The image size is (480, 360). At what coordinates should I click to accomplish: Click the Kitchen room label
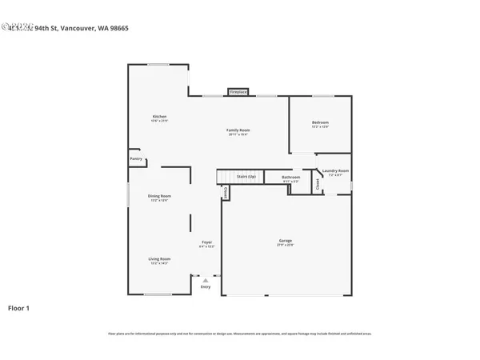coord(159,117)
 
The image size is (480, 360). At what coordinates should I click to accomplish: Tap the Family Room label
coord(238,130)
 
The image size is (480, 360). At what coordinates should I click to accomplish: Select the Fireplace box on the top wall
coord(238,92)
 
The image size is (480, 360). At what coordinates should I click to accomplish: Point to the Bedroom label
coord(320,122)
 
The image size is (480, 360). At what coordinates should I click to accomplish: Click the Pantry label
coord(136,158)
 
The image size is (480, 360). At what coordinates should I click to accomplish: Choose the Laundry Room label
coord(335,170)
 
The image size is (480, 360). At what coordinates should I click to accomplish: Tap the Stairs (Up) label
coord(246,176)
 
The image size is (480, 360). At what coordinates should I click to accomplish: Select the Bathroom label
coord(291,177)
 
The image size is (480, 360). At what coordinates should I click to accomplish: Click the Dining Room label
coord(159,195)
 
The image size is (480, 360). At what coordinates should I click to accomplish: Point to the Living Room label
coord(159,258)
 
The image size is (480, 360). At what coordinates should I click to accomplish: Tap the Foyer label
coord(206,242)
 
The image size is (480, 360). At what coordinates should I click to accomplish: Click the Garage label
coord(286,240)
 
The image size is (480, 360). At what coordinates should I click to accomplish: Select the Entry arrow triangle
coord(206,280)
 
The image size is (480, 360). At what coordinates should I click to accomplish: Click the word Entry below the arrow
coord(206,287)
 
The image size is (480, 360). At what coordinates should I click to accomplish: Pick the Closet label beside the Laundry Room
coord(318,184)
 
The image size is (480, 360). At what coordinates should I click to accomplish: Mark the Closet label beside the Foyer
coord(226,193)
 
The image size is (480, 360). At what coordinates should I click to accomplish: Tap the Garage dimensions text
coord(286,245)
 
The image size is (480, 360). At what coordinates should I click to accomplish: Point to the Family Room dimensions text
coord(238,134)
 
